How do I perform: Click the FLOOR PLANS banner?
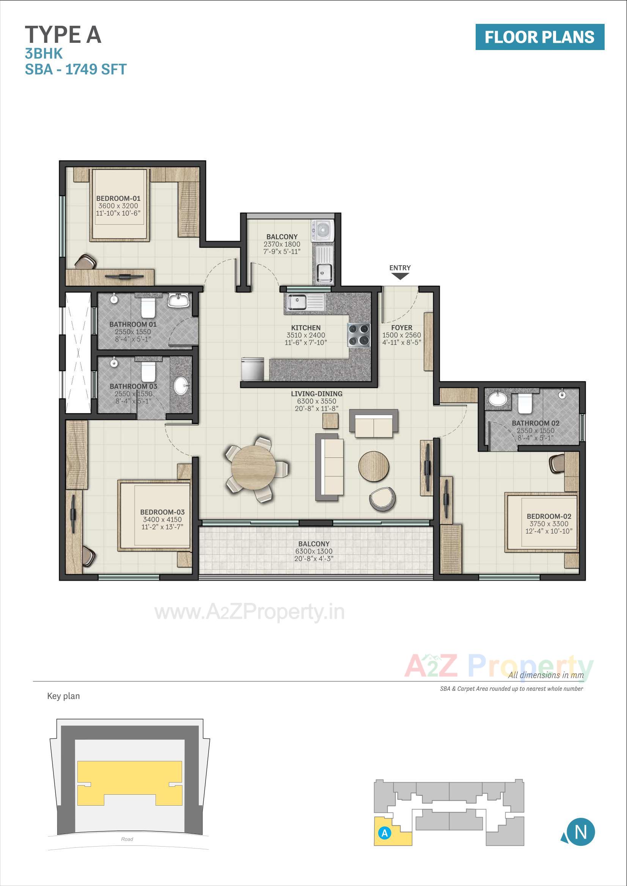click(540, 37)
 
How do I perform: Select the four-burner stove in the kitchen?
click(359, 335)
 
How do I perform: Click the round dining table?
click(253, 468)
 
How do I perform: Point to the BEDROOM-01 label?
click(118, 198)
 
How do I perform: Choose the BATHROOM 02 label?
click(536, 423)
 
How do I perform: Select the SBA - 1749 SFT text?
click(76, 69)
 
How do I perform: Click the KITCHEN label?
click(306, 328)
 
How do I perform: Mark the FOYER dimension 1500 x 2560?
click(401, 335)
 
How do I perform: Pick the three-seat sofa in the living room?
click(330, 467)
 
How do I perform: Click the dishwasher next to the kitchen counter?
click(253, 369)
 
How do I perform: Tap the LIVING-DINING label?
click(316, 394)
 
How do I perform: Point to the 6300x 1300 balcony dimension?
click(314, 551)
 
